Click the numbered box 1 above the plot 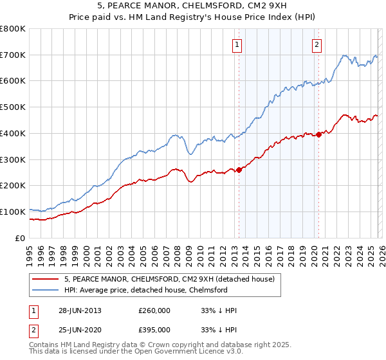[x=237, y=44]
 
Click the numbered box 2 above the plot [x=317, y=44]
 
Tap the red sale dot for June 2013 [x=239, y=170]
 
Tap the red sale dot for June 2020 [x=318, y=134]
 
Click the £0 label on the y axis [x=21, y=238]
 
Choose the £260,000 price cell [x=154, y=310]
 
